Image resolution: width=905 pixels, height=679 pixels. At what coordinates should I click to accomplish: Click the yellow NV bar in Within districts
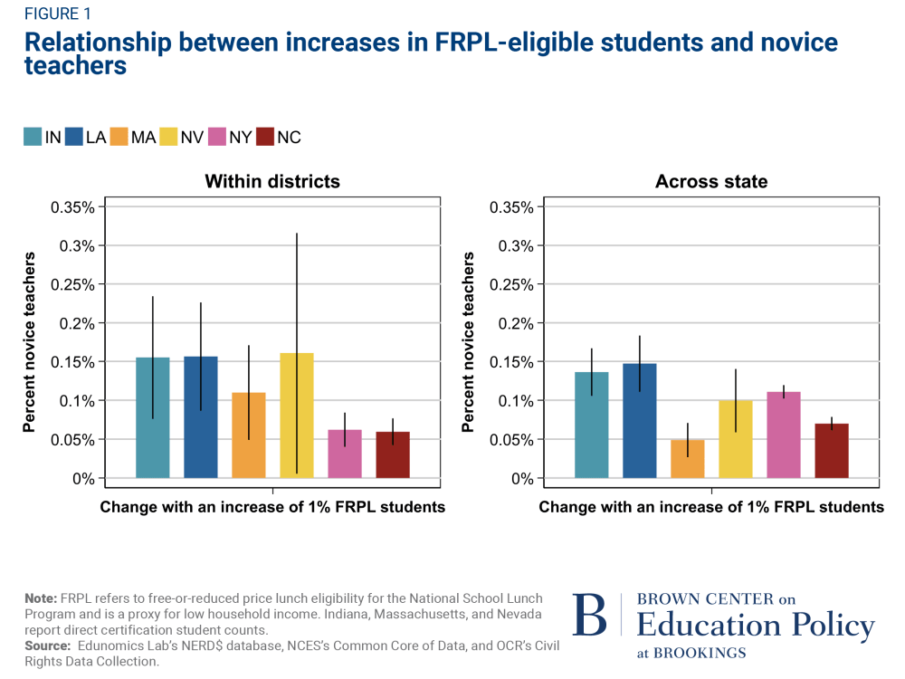click(297, 416)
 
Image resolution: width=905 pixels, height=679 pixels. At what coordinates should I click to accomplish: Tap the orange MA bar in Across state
click(688, 459)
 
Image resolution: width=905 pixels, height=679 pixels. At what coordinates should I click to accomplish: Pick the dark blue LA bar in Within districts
click(201, 417)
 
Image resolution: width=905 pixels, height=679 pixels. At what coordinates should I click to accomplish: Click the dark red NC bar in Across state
click(832, 451)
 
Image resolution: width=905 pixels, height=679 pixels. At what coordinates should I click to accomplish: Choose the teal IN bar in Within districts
click(153, 417)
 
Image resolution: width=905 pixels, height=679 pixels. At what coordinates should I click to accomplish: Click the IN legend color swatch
click(33, 137)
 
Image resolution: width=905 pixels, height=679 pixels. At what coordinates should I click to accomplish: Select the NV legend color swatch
click(168, 137)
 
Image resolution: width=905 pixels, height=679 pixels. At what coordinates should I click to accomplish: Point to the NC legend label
click(289, 137)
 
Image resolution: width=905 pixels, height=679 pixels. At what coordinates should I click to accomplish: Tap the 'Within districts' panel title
click(272, 181)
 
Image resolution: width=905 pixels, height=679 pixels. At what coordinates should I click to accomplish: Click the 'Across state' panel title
click(711, 181)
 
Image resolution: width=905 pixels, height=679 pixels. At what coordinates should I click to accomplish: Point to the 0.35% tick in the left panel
click(71, 207)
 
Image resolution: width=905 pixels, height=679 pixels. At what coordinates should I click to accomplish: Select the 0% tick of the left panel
click(83, 478)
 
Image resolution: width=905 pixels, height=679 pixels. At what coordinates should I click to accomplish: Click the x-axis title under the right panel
click(711, 507)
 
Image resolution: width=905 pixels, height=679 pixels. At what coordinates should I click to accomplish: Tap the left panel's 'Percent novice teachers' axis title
click(29, 342)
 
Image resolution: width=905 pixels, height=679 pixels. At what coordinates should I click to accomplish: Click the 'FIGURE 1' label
click(58, 14)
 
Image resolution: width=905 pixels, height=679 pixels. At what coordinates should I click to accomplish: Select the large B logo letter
click(590, 617)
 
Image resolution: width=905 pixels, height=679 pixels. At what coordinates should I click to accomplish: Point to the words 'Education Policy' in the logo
click(756, 626)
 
